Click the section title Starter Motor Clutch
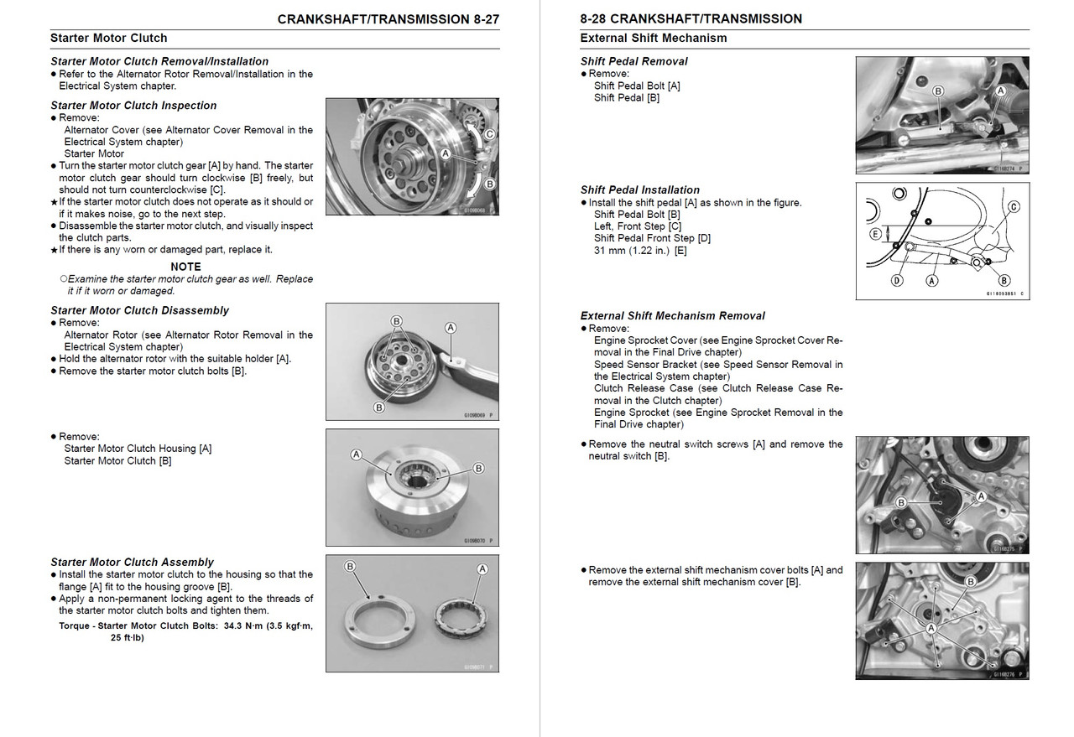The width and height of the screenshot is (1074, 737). point(108,38)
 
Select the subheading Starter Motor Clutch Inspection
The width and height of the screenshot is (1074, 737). point(133,106)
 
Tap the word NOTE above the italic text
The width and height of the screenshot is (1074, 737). point(185,267)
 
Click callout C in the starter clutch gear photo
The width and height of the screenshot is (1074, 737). point(489,133)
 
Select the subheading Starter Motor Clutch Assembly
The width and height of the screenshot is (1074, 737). point(132,562)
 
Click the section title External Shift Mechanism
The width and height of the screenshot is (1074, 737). point(653,38)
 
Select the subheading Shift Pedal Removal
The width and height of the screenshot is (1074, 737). point(633,61)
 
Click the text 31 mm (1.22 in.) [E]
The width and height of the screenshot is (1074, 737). point(639,250)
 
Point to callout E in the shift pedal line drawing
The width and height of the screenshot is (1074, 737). point(875,234)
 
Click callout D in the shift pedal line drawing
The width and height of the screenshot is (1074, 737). point(896,281)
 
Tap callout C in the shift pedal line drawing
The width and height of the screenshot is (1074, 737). point(1014,206)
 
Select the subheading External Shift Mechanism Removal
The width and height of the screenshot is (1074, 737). point(672,316)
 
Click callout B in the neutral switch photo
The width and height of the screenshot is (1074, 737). point(900,502)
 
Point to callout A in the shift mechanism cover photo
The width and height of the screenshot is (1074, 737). point(931,627)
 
